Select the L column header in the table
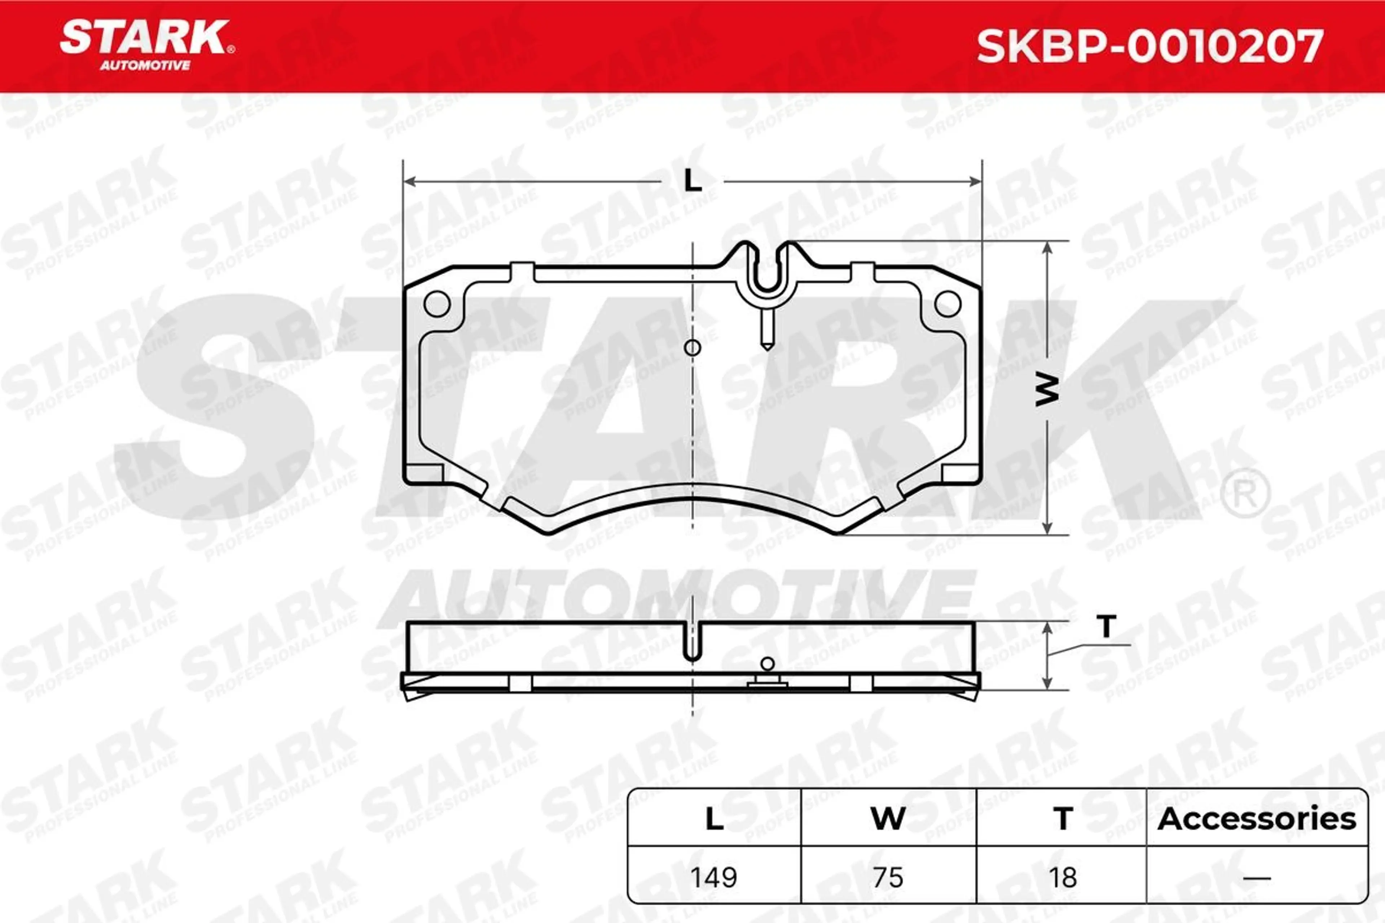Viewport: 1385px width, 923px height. click(x=714, y=819)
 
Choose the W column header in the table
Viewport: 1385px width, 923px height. click(x=888, y=819)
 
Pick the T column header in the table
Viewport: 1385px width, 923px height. click(x=1063, y=819)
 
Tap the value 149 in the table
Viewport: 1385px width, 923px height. click(x=714, y=878)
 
